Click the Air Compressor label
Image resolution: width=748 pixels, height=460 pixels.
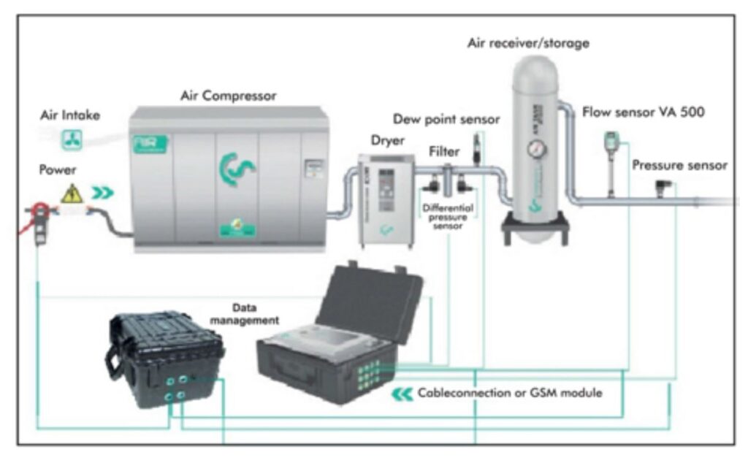[x=228, y=96]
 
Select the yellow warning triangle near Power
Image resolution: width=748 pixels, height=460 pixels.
[x=72, y=193]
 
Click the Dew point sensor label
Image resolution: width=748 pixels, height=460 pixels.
[x=446, y=119]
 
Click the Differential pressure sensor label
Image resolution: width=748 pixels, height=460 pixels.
[x=448, y=217]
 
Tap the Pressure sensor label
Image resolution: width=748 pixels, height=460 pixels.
[x=679, y=165]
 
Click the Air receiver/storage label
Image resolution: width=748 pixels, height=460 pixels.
[x=528, y=44]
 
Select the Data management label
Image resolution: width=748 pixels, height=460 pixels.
[x=255, y=314]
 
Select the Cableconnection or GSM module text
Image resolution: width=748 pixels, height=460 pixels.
[x=509, y=394]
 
